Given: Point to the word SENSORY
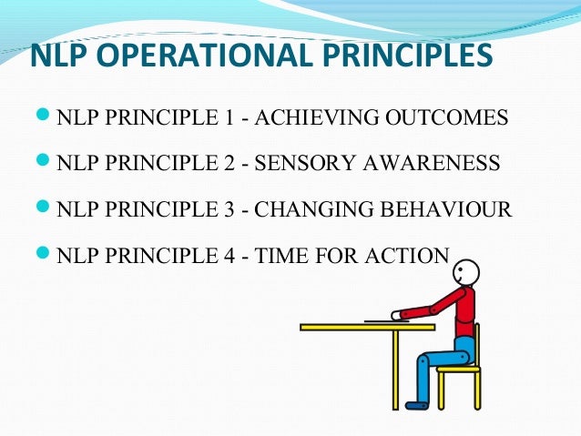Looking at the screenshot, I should point(304,165).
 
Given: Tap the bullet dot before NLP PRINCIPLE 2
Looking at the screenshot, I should point(41,164).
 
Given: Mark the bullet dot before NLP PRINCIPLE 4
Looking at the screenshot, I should point(41,255).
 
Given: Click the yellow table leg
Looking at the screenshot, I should point(396,369).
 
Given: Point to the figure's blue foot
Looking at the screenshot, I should point(416,403).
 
